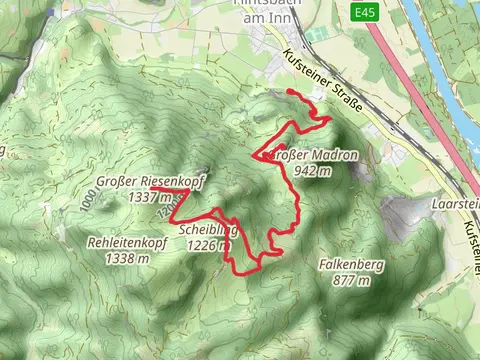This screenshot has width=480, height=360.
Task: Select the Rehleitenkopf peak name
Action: pyautogui.click(x=126, y=243)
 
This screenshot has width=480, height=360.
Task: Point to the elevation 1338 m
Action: pyautogui.click(x=127, y=258)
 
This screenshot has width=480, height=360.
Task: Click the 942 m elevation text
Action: pyautogui.click(x=313, y=171)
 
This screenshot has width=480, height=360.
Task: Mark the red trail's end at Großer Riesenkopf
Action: pyautogui.click(x=152, y=188)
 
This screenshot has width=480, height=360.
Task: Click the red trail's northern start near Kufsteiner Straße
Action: pyautogui.click(x=289, y=92)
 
